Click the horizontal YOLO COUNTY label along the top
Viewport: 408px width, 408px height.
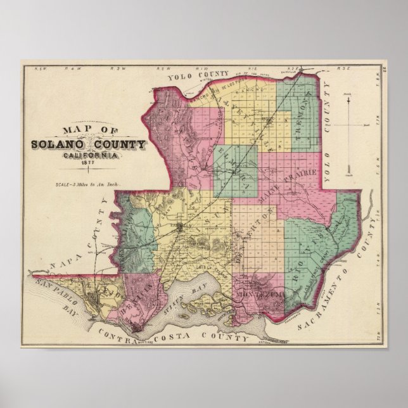[198, 77]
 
